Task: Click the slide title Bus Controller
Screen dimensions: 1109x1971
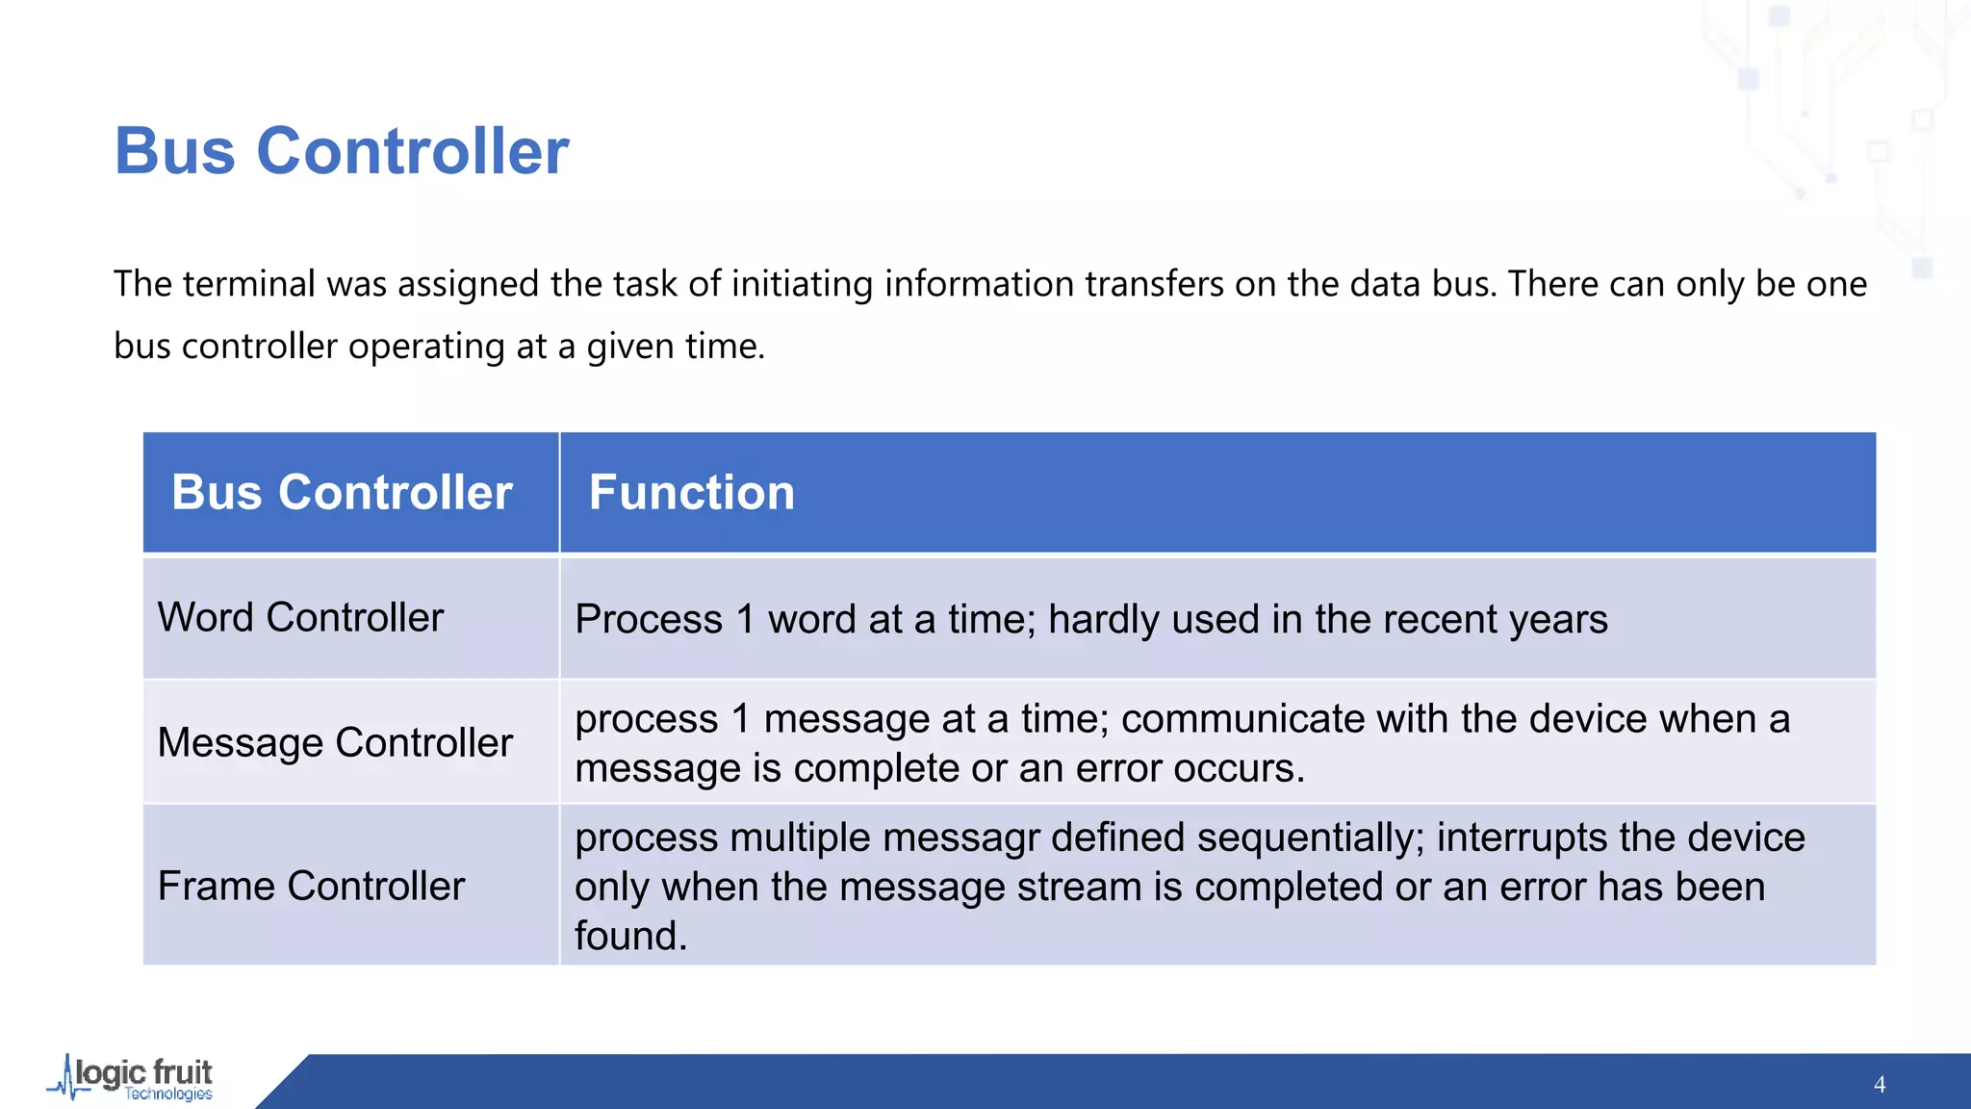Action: pyautogui.click(x=342, y=151)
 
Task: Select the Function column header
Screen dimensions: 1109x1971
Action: pyautogui.click(x=691, y=493)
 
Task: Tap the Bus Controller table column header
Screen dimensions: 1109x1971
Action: pyautogui.click(x=342, y=493)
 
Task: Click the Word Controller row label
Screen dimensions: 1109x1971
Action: pyautogui.click(x=300, y=617)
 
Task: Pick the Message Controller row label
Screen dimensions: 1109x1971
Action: pyautogui.click(x=335, y=742)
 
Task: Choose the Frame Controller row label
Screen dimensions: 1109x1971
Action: pyautogui.click(x=311, y=886)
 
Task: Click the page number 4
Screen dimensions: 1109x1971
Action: pyautogui.click(x=1880, y=1085)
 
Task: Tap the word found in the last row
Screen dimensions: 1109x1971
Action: pyautogui.click(x=630, y=936)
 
